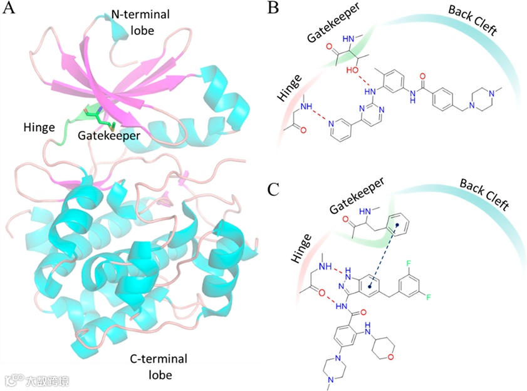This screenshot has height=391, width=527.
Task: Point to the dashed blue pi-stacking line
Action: tap(382, 253)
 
